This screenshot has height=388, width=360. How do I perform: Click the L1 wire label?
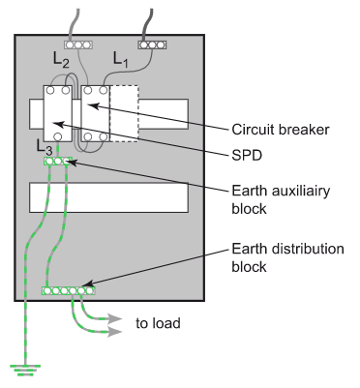point(120,60)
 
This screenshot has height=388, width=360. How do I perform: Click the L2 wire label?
point(61,60)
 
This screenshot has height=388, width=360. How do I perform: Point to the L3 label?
point(45,147)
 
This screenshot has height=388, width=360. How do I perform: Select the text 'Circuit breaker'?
point(281,130)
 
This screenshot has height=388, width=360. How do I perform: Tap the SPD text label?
point(247,156)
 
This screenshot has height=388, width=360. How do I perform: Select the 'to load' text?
point(158,323)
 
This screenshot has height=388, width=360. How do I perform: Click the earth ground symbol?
point(25,371)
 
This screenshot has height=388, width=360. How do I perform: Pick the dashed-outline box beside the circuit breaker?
point(124,113)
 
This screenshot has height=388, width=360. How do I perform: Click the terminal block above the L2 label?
point(78,45)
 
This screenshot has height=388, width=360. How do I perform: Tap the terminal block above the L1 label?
point(152,45)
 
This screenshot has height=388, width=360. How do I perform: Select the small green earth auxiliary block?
point(57,161)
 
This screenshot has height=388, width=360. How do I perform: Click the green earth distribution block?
point(69,291)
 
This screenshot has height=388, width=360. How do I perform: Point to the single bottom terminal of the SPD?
point(58,136)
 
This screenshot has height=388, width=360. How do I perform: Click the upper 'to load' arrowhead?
point(114,319)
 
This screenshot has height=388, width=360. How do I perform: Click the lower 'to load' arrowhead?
point(114,332)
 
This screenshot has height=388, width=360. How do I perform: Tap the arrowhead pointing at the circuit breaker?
point(93,105)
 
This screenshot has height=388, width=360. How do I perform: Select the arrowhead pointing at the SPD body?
point(57,123)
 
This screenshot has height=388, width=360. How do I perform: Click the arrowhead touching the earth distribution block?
point(88,284)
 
